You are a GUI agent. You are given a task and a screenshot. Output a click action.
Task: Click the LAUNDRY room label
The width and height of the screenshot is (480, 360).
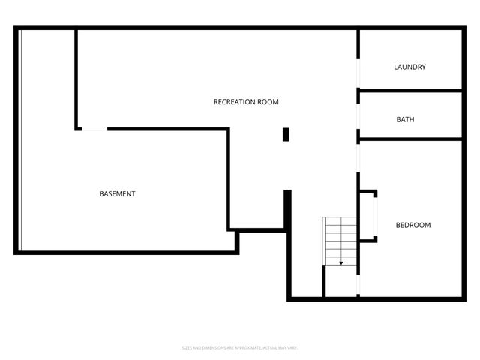tap(409, 67)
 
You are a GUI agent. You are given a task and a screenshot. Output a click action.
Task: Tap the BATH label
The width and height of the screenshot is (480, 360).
tap(405, 120)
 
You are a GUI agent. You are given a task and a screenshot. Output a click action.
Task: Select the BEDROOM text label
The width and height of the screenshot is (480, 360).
tap(413, 225)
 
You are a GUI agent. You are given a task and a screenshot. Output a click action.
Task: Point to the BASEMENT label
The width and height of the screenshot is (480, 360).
tap(118, 194)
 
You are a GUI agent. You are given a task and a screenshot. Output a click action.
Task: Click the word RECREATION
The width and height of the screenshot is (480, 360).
tap(235, 102)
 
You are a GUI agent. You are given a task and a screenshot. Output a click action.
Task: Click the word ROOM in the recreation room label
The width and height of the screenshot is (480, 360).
tap(268, 102)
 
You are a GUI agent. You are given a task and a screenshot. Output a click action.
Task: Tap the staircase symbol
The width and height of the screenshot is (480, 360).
tap(340, 240)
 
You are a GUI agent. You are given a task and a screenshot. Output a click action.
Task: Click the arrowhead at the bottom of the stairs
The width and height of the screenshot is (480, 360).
tap(341, 263)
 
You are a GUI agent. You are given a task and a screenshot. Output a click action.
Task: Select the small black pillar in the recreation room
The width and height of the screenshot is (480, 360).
tap(286, 134)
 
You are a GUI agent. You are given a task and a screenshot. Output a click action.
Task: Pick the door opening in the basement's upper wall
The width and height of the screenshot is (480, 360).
tap(94, 130)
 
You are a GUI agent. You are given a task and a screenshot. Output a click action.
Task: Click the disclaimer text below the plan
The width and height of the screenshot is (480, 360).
tap(240, 348)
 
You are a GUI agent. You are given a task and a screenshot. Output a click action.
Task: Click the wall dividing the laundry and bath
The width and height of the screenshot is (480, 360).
tap(410, 91)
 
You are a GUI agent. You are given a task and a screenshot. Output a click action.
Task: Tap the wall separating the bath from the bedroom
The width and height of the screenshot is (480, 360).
tap(410, 139)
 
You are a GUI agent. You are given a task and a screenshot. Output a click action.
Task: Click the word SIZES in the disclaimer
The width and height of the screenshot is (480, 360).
tap(187, 348)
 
